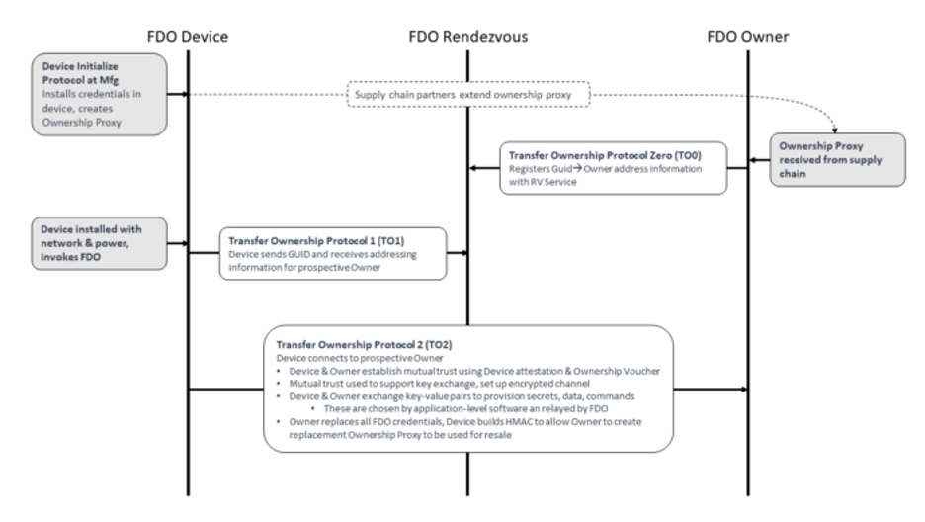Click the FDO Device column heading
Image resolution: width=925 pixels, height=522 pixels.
pyautogui.click(x=187, y=36)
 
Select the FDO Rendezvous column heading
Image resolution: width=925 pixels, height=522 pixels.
pyautogui.click(x=467, y=36)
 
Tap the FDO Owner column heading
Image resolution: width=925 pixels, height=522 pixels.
pyautogui.click(x=747, y=36)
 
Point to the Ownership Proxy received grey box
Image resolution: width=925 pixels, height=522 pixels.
pyautogui.click(x=837, y=162)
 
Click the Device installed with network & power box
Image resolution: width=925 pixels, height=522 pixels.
pyautogui.click(x=97, y=241)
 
